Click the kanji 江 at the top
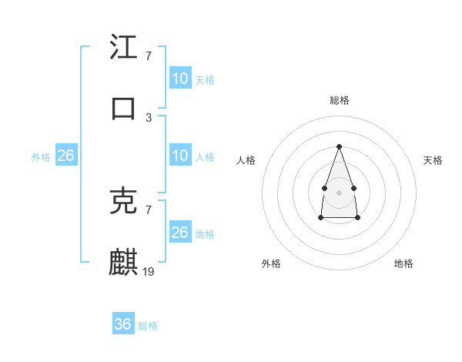(123, 48)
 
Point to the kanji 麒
(123, 262)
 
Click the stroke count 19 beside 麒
(149, 271)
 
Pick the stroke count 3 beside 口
(149, 117)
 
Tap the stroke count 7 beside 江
(149, 56)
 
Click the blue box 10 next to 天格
(180, 79)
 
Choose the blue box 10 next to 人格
(180, 156)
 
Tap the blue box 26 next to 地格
(180, 233)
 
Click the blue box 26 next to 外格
(66, 156)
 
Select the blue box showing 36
(123, 324)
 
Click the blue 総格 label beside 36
(148, 326)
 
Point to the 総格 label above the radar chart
(340, 100)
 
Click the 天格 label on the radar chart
(433, 160)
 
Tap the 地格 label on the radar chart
(403, 263)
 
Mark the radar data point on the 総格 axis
(339, 146)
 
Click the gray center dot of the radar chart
(339, 192)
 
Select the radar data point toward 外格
(320, 218)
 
